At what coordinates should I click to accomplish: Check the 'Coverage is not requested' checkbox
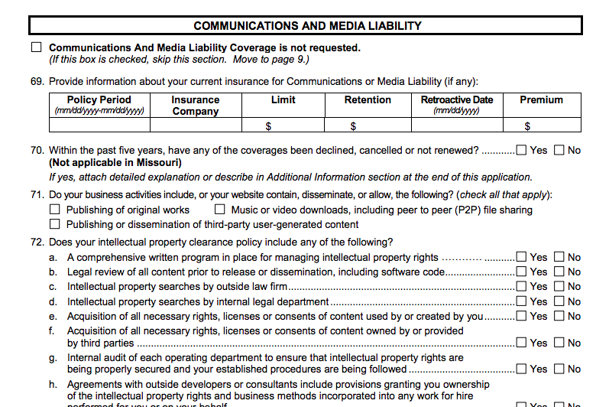tap(37, 47)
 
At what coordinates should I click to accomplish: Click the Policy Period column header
tap(99, 105)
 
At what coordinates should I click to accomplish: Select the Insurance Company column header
tap(195, 105)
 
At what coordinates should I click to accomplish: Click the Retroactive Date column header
tap(456, 105)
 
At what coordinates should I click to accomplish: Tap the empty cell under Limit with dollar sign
tap(282, 125)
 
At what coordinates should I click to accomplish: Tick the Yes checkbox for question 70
tap(522, 150)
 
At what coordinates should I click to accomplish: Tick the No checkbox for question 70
tap(559, 150)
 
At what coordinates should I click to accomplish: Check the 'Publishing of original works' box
tap(55, 210)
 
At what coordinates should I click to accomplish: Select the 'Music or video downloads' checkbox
tap(220, 210)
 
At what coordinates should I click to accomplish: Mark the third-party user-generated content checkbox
tap(55, 224)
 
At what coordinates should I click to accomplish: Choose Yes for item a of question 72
tap(522, 257)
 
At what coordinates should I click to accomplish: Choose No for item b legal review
tap(559, 272)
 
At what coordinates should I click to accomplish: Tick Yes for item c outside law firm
tap(522, 286)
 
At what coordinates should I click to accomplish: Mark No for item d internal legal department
tap(559, 301)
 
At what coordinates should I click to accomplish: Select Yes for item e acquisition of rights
tap(522, 316)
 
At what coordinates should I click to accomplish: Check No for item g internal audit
tap(559, 369)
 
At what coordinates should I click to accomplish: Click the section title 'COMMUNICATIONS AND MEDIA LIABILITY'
tap(307, 26)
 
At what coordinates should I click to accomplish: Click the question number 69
tap(37, 82)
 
